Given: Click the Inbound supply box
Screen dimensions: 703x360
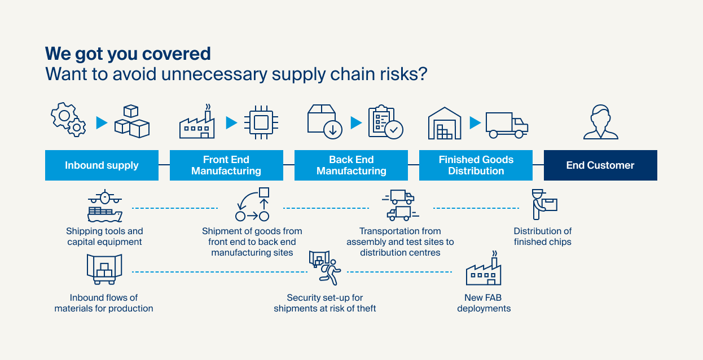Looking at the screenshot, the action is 102,165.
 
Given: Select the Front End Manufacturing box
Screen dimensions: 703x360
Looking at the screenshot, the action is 226,165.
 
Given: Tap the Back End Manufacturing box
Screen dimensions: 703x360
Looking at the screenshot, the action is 351,165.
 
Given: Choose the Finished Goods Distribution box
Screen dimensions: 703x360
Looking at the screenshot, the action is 476,165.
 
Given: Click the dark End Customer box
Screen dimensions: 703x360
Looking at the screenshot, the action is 600,165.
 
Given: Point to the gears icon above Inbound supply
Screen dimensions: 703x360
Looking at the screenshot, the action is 68,120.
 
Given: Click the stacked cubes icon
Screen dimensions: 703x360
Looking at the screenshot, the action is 132,121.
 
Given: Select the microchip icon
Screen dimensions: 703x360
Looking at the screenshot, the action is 261,122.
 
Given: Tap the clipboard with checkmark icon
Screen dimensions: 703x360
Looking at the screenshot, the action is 386,122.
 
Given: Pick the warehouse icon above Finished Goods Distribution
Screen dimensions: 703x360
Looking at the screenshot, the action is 445,124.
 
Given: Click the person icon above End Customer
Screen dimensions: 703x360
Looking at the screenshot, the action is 601,122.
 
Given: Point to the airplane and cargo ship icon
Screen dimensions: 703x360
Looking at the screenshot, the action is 105,205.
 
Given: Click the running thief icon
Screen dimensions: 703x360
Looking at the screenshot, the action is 325,267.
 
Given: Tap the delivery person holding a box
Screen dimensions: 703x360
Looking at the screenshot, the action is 544,204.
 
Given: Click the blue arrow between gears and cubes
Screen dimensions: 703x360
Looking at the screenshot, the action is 102,122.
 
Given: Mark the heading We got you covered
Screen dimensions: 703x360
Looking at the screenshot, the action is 128,54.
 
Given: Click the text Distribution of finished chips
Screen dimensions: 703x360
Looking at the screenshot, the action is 543,236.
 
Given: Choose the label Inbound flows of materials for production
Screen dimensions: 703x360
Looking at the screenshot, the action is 104,303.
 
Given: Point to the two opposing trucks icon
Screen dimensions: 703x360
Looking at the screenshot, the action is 401,205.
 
